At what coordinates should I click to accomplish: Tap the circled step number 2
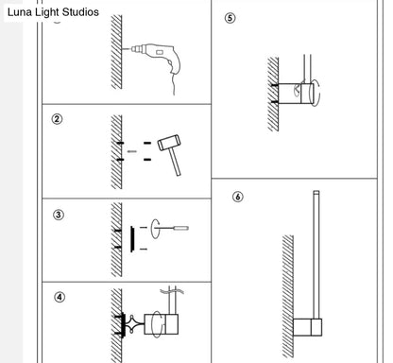coord(59,119)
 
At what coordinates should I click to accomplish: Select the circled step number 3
coord(59,215)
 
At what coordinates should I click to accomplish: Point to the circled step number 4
coord(60,296)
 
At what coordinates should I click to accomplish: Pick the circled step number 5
coord(231,18)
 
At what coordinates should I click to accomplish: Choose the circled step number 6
coord(237,198)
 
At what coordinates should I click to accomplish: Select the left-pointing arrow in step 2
coord(133,148)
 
